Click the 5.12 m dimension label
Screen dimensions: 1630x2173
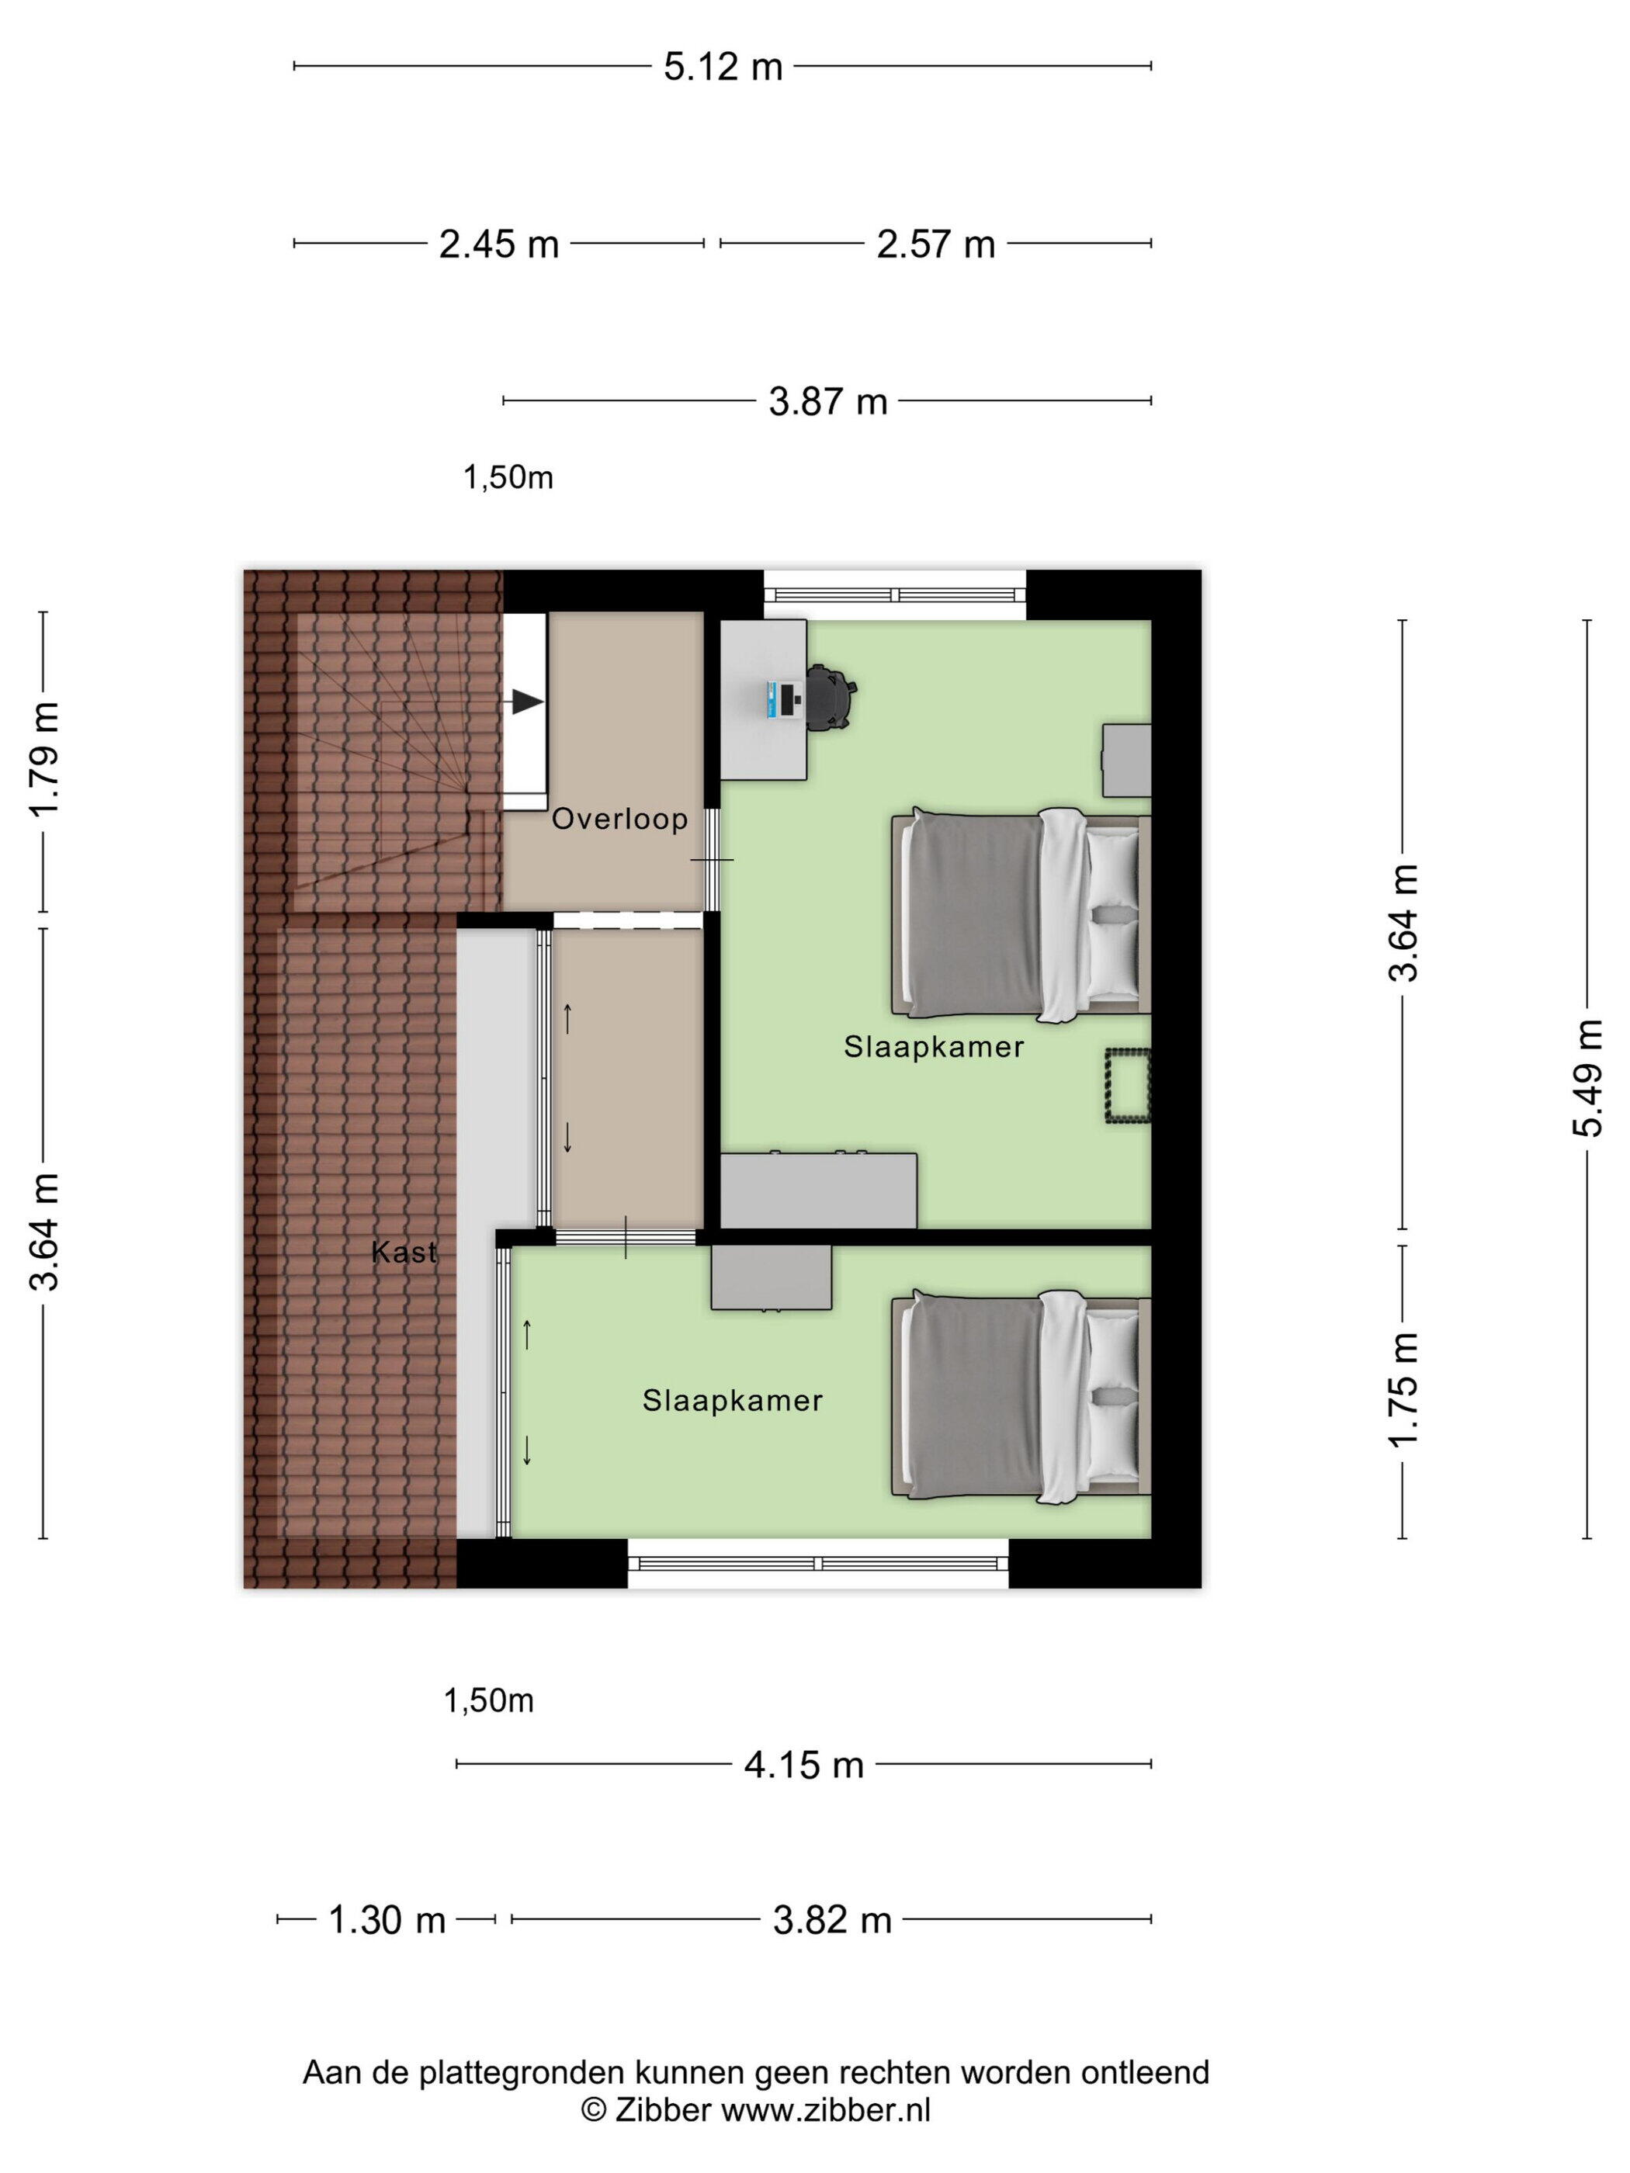coord(723,67)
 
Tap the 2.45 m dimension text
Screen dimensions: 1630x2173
coord(499,244)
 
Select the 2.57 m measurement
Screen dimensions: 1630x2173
coord(935,244)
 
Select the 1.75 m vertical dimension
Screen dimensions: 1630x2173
coord(1403,1390)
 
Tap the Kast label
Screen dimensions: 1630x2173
coord(404,1253)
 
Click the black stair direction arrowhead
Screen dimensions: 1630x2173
coord(528,702)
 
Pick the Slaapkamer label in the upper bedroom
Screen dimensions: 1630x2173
coord(934,1047)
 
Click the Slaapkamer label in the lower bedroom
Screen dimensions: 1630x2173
coord(732,1401)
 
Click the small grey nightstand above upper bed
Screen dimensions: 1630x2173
coord(1126,761)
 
